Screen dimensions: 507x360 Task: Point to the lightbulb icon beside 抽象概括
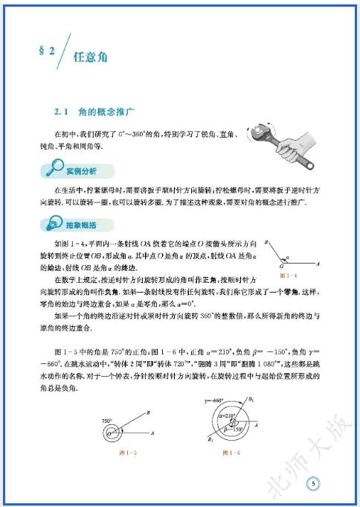[x=52, y=224]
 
